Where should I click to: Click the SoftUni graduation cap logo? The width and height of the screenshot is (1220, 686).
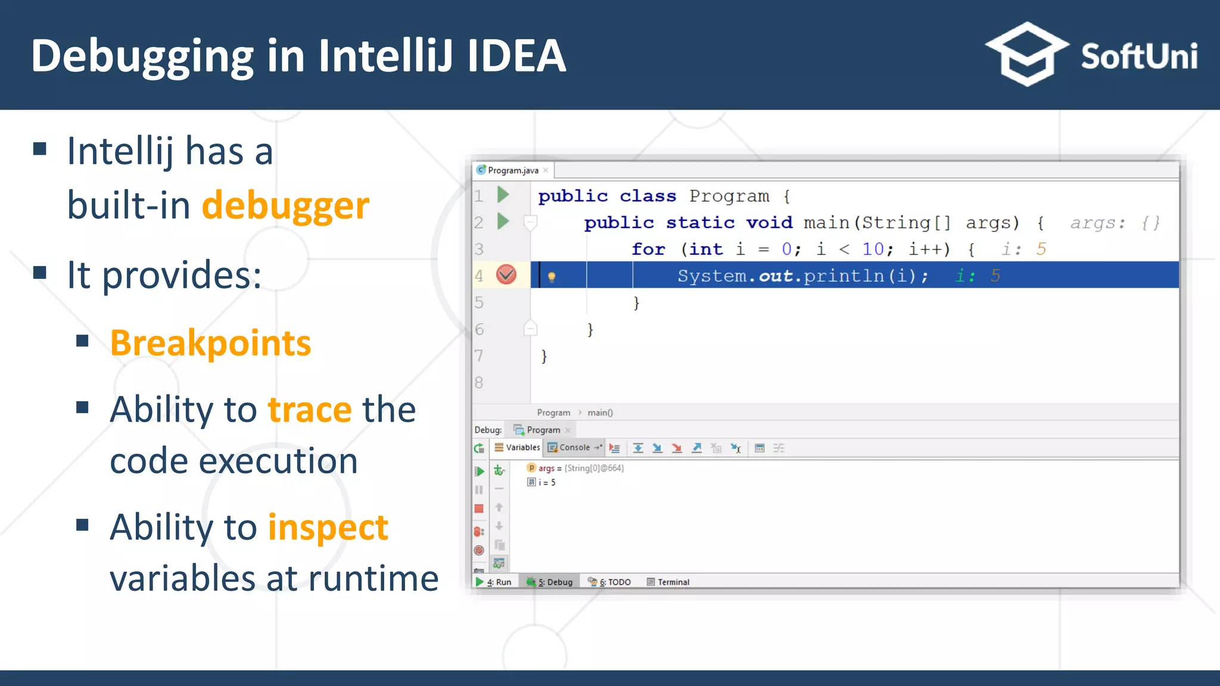pyautogui.click(x=1027, y=54)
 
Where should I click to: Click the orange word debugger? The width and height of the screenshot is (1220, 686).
pyautogui.click(x=285, y=205)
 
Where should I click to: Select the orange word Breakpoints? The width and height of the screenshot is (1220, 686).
pyautogui.click(x=210, y=344)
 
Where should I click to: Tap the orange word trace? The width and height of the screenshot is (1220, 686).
pyautogui.click(x=310, y=410)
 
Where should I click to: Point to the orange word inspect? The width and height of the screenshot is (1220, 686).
pyautogui.click(x=328, y=528)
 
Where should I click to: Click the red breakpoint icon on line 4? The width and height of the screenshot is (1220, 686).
pyautogui.click(x=506, y=275)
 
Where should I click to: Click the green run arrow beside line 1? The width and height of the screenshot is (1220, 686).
pyautogui.click(x=503, y=195)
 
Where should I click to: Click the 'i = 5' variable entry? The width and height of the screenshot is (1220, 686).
pyautogui.click(x=546, y=482)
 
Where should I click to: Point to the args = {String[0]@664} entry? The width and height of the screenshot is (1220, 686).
pyautogui.click(x=580, y=468)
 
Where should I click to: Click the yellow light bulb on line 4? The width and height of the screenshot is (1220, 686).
pyautogui.click(x=552, y=276)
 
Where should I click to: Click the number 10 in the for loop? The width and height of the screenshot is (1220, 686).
pyautogui.click(x=873, y=249)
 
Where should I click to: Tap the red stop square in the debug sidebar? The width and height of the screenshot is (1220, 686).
pyautogui.click(x=479, y=509)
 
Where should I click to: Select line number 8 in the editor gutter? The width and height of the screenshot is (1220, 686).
pyautogui.click(x=479, y=382)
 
